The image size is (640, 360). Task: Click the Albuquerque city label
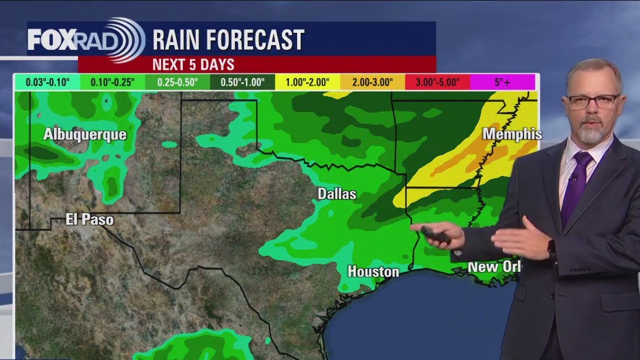tap(84, 134)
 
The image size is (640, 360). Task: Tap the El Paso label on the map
tap(89, 220)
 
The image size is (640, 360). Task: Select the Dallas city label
tap(336, 193)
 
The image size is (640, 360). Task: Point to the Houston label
tap(373, 271)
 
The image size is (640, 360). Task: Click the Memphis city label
tap(512, 134)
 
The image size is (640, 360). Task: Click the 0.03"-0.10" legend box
tap(47, 82)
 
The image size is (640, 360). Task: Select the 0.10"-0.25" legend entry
tap(113, 82)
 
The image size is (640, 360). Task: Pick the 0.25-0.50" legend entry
tap(178, 82)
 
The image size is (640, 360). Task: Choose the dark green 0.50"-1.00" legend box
tap(243, 82)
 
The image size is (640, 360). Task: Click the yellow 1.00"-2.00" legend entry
tap(308, 82)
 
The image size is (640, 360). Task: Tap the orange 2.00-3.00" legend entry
tap(373, 82)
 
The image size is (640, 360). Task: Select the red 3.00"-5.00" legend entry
tap(437, 82)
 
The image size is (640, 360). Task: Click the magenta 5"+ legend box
tap(502, 82)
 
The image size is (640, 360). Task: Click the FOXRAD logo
tap(86, 40)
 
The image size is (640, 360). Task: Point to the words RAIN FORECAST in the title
tap(228, 40)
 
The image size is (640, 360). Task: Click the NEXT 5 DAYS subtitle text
tap(193, 64)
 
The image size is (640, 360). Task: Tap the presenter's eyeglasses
tap(592, 101)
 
